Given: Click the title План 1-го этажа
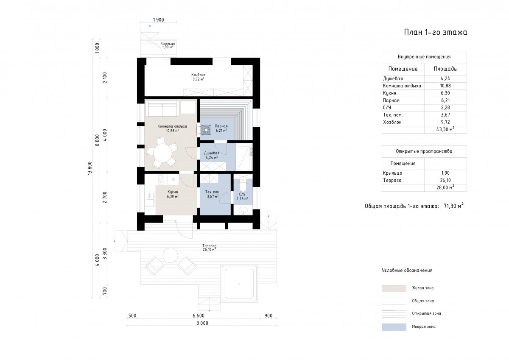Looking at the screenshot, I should [435, 33].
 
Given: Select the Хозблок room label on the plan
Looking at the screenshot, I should [198, 75].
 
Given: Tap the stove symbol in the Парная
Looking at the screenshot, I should [207, 129].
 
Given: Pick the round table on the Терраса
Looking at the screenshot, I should [171, 256].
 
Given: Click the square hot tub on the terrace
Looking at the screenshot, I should [239, 283].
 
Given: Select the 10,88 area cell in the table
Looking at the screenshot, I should [445, 86].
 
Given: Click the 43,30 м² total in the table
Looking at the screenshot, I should [445, 129].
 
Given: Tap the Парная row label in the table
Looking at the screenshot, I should [391, 100].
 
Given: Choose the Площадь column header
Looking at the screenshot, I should [445, 69].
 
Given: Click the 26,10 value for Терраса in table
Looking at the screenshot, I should [445, 180].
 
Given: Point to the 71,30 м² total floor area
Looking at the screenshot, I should [453, 207].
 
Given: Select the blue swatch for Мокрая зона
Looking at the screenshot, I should [394, 327].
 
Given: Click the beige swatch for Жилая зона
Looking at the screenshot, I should [394, 288].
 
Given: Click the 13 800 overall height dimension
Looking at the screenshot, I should [89, 168].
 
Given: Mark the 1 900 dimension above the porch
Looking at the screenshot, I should [158, 20].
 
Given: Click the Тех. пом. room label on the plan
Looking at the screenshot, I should [212, 192].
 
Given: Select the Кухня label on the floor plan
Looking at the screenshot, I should [173, 192].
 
